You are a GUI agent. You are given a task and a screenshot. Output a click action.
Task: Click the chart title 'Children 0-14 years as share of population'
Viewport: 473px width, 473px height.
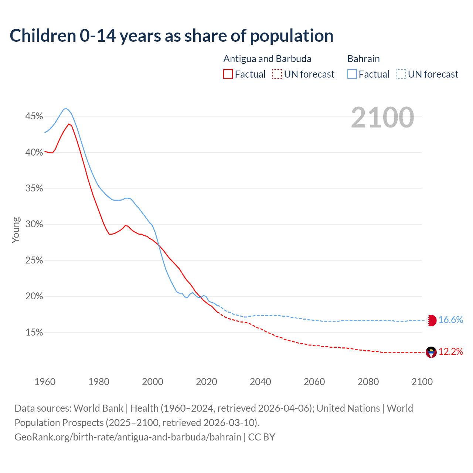[171, 36]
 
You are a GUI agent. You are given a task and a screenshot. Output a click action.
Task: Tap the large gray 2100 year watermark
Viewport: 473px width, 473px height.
[382, 118]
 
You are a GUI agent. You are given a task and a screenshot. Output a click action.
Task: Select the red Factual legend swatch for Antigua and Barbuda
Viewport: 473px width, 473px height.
[228, 74]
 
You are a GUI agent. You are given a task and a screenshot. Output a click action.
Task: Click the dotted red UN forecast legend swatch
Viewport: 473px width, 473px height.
[277, 74]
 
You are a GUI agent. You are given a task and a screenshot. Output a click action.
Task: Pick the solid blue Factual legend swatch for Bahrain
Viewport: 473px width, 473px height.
[352, 74]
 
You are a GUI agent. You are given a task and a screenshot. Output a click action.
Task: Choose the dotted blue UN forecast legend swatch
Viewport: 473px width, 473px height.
[401, 74]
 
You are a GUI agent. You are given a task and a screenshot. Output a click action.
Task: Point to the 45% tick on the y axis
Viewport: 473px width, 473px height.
[34, 116]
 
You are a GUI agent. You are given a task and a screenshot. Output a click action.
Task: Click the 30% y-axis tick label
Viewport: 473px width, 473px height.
[34, 224]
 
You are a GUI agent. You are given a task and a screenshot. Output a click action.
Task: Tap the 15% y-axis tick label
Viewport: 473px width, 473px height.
[34, 333]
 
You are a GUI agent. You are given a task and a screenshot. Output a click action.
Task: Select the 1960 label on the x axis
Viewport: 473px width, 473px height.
[45, 382]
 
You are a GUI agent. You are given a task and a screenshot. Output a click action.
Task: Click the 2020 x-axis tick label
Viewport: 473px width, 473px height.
[207, 382]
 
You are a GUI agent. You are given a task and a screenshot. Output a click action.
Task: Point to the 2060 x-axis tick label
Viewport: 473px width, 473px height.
[314, 382]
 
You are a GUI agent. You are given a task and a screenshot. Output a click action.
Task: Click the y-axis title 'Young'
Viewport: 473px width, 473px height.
[16, 230]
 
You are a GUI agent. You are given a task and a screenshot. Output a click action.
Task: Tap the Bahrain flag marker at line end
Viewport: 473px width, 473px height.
[431, 320]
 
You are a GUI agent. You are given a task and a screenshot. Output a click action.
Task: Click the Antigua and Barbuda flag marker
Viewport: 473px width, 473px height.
[431, 352]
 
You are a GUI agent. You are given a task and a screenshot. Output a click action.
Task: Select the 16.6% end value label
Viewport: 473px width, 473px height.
[451, 320]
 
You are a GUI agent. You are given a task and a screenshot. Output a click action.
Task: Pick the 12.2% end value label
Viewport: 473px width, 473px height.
[451, 352]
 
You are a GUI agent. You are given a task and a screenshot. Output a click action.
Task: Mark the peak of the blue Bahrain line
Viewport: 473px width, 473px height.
[66, 108]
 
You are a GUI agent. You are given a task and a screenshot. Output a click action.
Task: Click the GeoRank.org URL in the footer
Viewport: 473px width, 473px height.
[128, 437]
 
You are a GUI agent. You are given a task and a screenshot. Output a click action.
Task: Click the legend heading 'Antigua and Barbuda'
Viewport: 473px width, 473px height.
[267, 59]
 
